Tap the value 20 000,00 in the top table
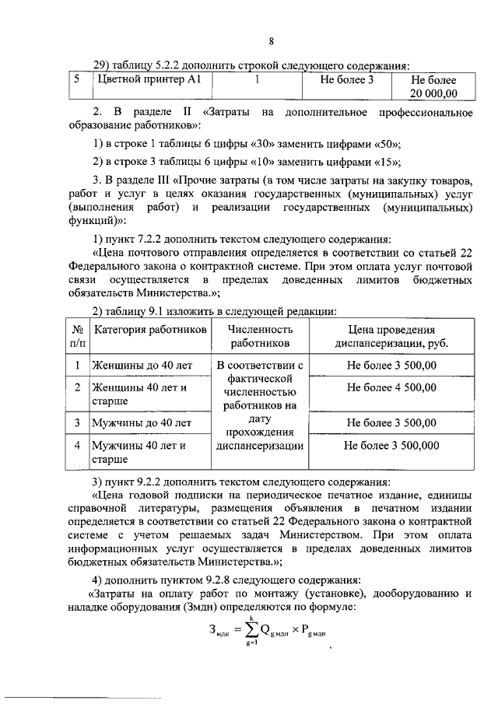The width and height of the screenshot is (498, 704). point(433,94)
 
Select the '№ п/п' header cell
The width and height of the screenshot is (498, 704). point(77,336)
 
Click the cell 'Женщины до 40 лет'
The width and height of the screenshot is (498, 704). point(140,364)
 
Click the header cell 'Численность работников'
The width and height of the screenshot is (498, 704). point(259,336)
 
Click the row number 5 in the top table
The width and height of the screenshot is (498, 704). point(77,80)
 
